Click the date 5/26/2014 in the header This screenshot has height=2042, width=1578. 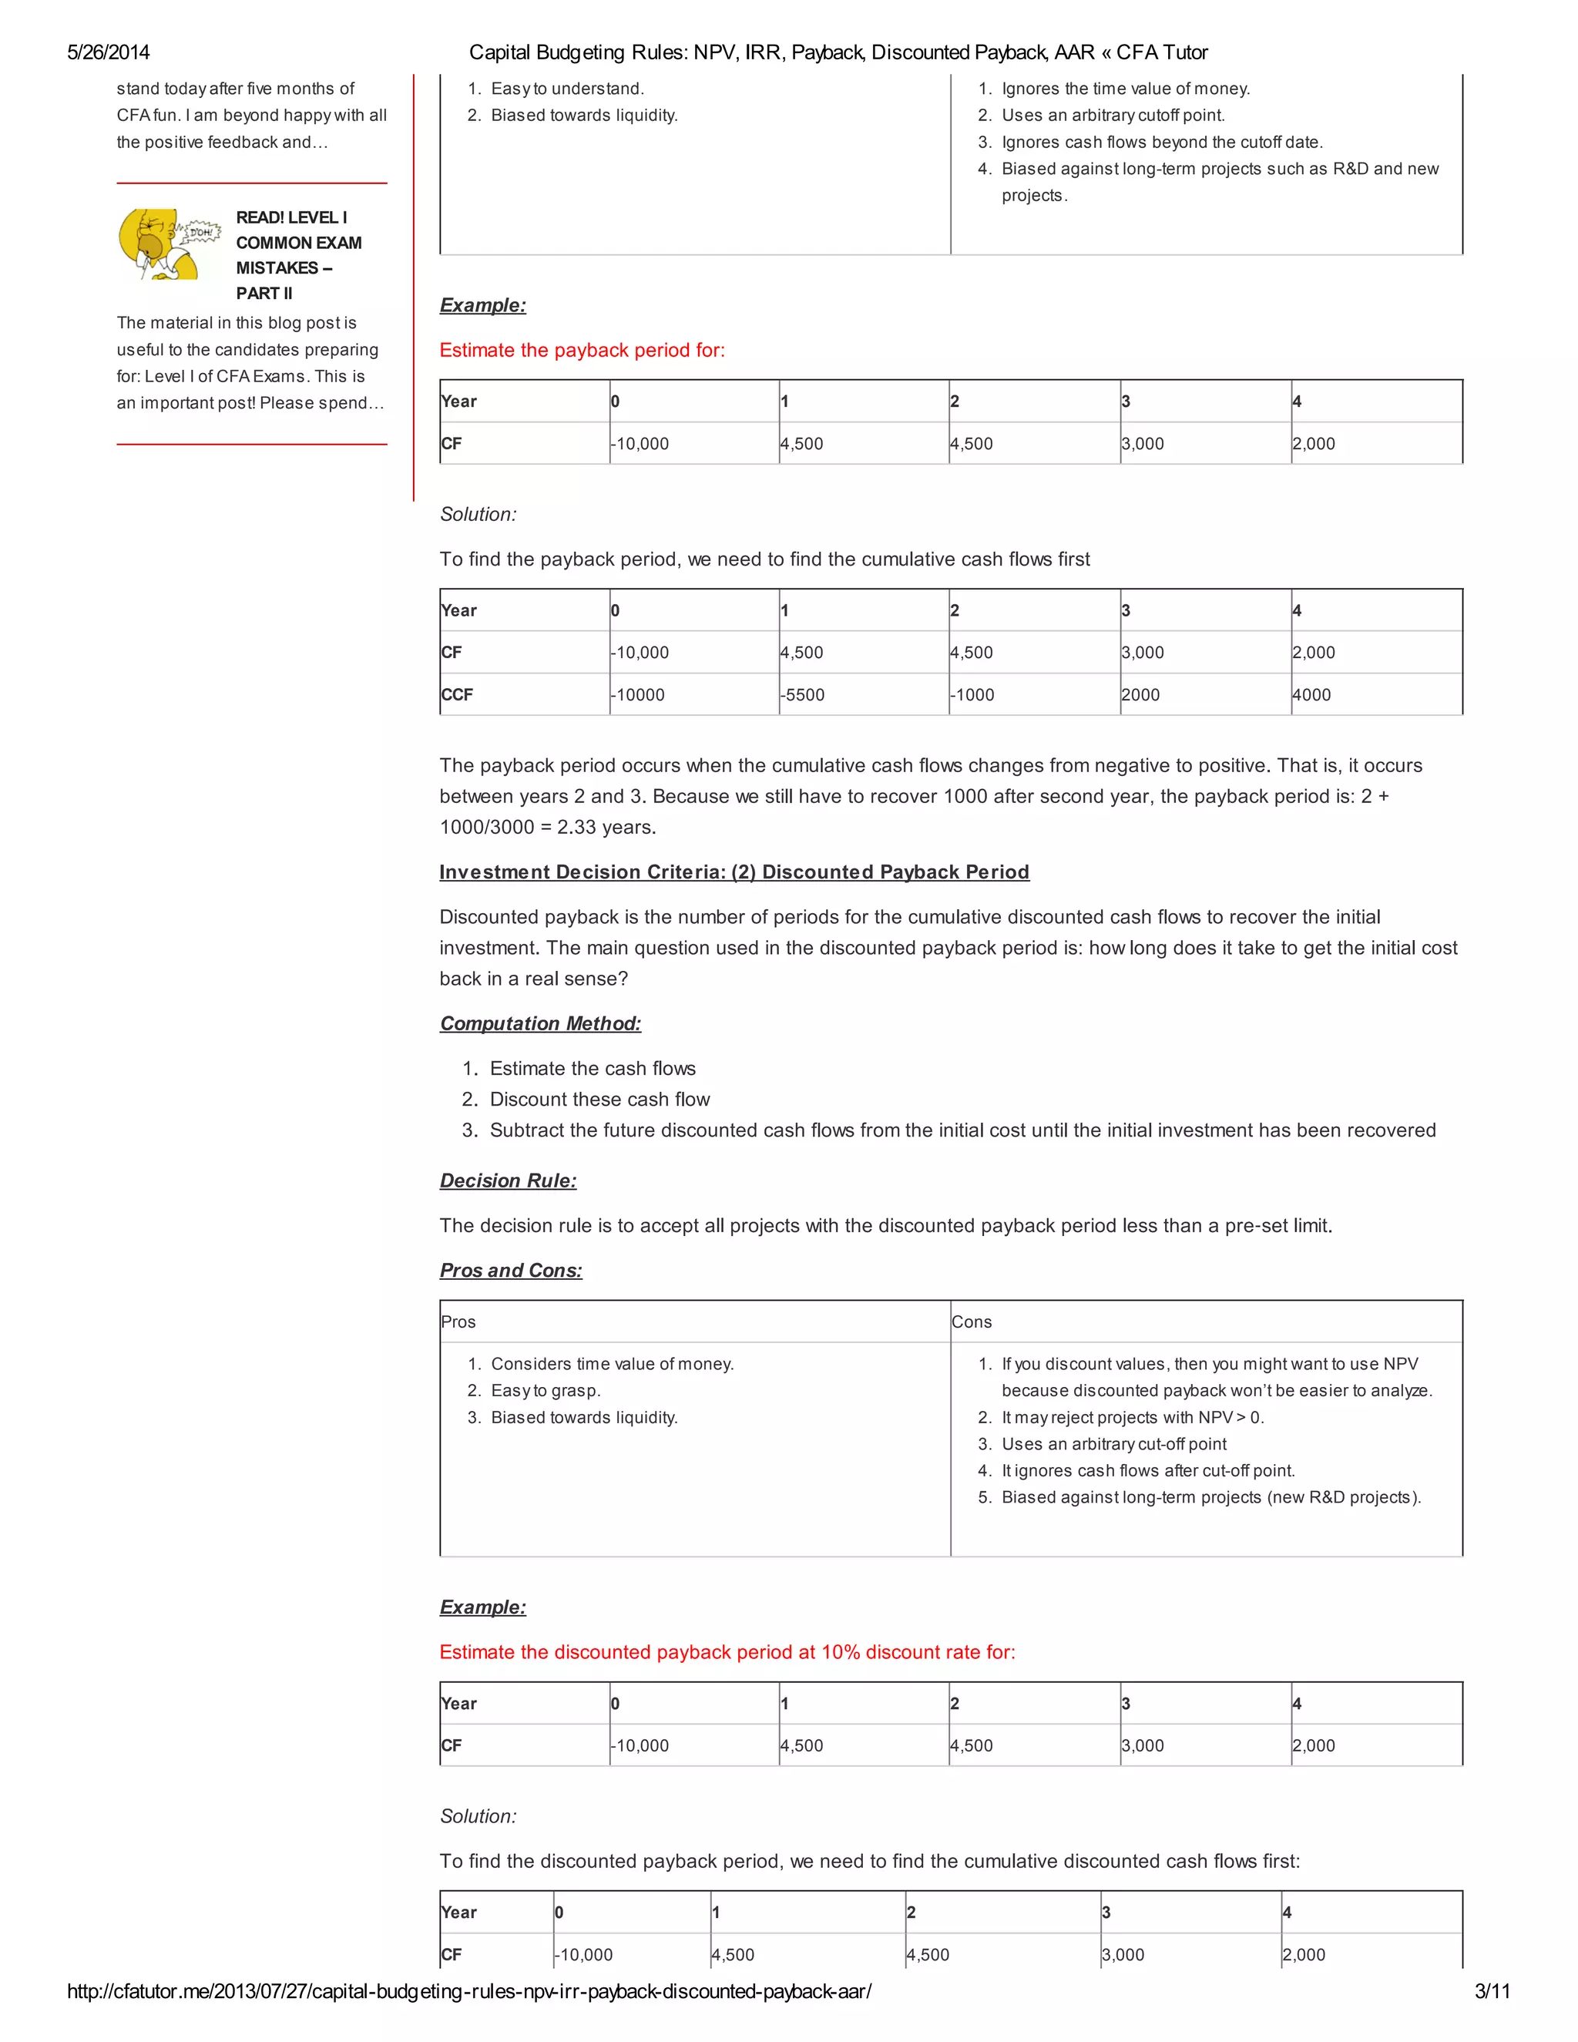109,52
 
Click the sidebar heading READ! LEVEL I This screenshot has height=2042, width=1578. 290,217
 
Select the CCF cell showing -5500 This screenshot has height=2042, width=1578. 804,695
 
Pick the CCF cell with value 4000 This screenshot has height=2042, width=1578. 1311,695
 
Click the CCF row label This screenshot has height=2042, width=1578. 457,695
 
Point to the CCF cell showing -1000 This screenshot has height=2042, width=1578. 972,695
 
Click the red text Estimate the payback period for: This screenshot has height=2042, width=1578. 582,350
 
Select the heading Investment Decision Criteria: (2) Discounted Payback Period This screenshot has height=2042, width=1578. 734,872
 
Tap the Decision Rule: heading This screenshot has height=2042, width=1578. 508,1180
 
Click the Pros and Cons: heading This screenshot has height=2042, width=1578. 510,1270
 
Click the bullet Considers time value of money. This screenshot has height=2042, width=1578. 611,1363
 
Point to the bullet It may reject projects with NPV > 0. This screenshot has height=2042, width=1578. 1132,1416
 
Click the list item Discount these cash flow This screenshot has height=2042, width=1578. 599,1099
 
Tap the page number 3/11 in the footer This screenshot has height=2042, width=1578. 1492,1990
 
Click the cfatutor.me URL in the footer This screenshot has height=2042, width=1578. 468,1990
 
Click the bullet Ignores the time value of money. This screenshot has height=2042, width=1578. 1125,88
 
